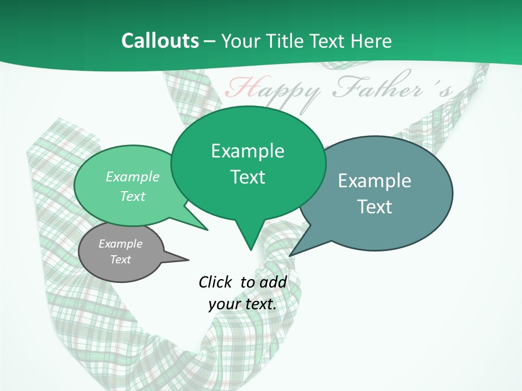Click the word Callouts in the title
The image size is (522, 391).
[160, 41]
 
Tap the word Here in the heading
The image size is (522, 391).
[371, 41]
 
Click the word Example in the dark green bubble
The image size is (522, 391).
[247, 151]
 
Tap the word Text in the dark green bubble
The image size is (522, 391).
[247, 177]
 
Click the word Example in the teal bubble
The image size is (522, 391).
[375, 181]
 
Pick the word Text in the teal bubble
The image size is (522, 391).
[375, 207]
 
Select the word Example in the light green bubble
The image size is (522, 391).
[133, 176]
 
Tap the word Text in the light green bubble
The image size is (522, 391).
[133, 196]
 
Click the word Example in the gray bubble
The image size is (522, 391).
[120, 244]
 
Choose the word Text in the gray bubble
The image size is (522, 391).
[120, 260]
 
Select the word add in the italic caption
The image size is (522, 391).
[272, 282]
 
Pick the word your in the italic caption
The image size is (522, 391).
[223, 304]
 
